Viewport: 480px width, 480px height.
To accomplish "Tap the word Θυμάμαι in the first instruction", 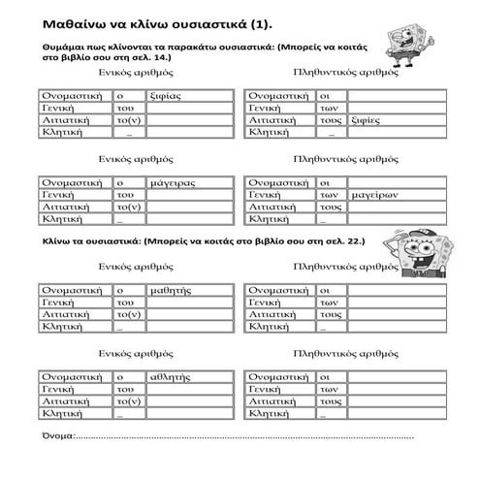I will [x=64, y=46].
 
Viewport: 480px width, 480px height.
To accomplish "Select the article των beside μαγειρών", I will [x=330, y=194].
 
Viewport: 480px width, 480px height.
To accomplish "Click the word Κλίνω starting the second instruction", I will [x=58, y=240].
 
